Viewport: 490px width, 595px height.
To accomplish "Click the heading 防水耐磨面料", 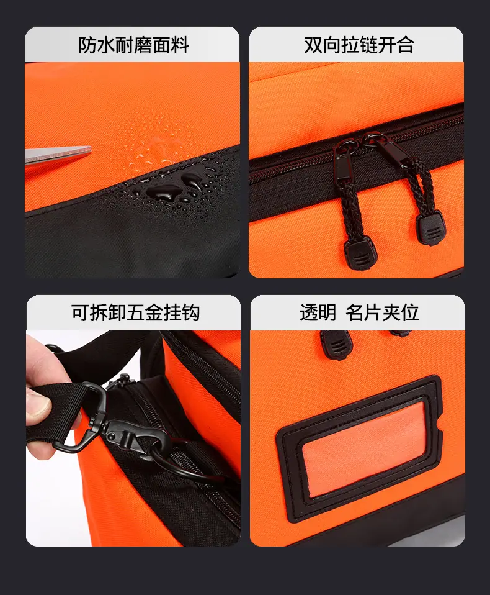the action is [x=133, y=45].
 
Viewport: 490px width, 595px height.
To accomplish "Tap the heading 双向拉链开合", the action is [x=359, y=45].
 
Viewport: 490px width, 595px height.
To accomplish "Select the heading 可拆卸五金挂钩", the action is [x=135, y=312].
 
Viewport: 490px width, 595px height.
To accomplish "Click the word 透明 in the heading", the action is [x=318, y=312].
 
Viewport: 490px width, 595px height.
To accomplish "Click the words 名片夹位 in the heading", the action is [x=382, y=312].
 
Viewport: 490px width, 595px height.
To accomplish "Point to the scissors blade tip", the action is [x=91, y=148].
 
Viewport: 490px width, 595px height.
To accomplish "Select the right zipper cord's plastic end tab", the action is [x=430, y=227].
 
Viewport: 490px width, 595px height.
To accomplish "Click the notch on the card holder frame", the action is [x=439, y=433].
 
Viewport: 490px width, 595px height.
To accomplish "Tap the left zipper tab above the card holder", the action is [x=336, y=344].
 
